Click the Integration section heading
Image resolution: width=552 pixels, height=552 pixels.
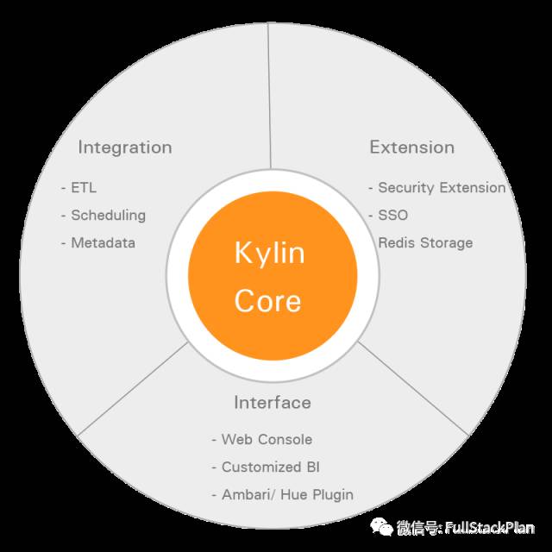click(124, 147)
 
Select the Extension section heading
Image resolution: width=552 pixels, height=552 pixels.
click(411, 147)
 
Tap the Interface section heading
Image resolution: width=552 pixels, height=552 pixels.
click(272, 403)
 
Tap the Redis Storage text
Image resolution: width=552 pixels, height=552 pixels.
click(425, 243)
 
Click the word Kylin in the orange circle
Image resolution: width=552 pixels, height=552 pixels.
click(269, 254)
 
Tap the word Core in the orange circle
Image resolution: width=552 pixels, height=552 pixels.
click(268, 301)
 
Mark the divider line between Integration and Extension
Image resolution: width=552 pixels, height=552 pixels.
click(269, 95)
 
